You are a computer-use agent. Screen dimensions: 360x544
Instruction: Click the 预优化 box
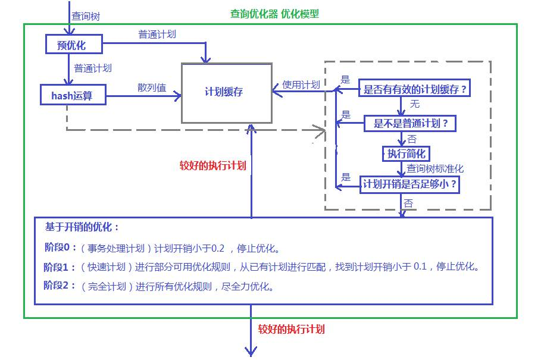coord(74,44)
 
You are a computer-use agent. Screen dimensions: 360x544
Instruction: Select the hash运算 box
coord(73,95)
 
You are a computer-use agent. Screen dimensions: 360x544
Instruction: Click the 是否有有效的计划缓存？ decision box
coord(415,90)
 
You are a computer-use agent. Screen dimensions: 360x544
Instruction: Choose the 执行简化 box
coord(405,154)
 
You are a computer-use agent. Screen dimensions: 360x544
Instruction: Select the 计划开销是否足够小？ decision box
coord(410,184)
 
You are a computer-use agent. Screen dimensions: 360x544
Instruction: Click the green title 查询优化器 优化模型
coord(274,14)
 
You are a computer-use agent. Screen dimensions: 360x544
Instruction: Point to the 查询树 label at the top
coord(85,17)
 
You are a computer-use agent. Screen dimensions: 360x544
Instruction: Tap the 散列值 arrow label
coord(152,87)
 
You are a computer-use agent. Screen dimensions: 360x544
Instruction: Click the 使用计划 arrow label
coord(301,84)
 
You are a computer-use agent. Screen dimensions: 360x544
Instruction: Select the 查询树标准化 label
coord(435,168)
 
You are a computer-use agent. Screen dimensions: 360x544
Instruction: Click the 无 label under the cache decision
coord(414,104)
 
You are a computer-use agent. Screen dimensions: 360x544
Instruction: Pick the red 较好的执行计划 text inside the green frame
coord(212,165)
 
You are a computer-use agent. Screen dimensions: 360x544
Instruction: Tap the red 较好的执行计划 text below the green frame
coord(292,328)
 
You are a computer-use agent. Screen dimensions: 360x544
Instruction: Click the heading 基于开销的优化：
coord(82,227)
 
